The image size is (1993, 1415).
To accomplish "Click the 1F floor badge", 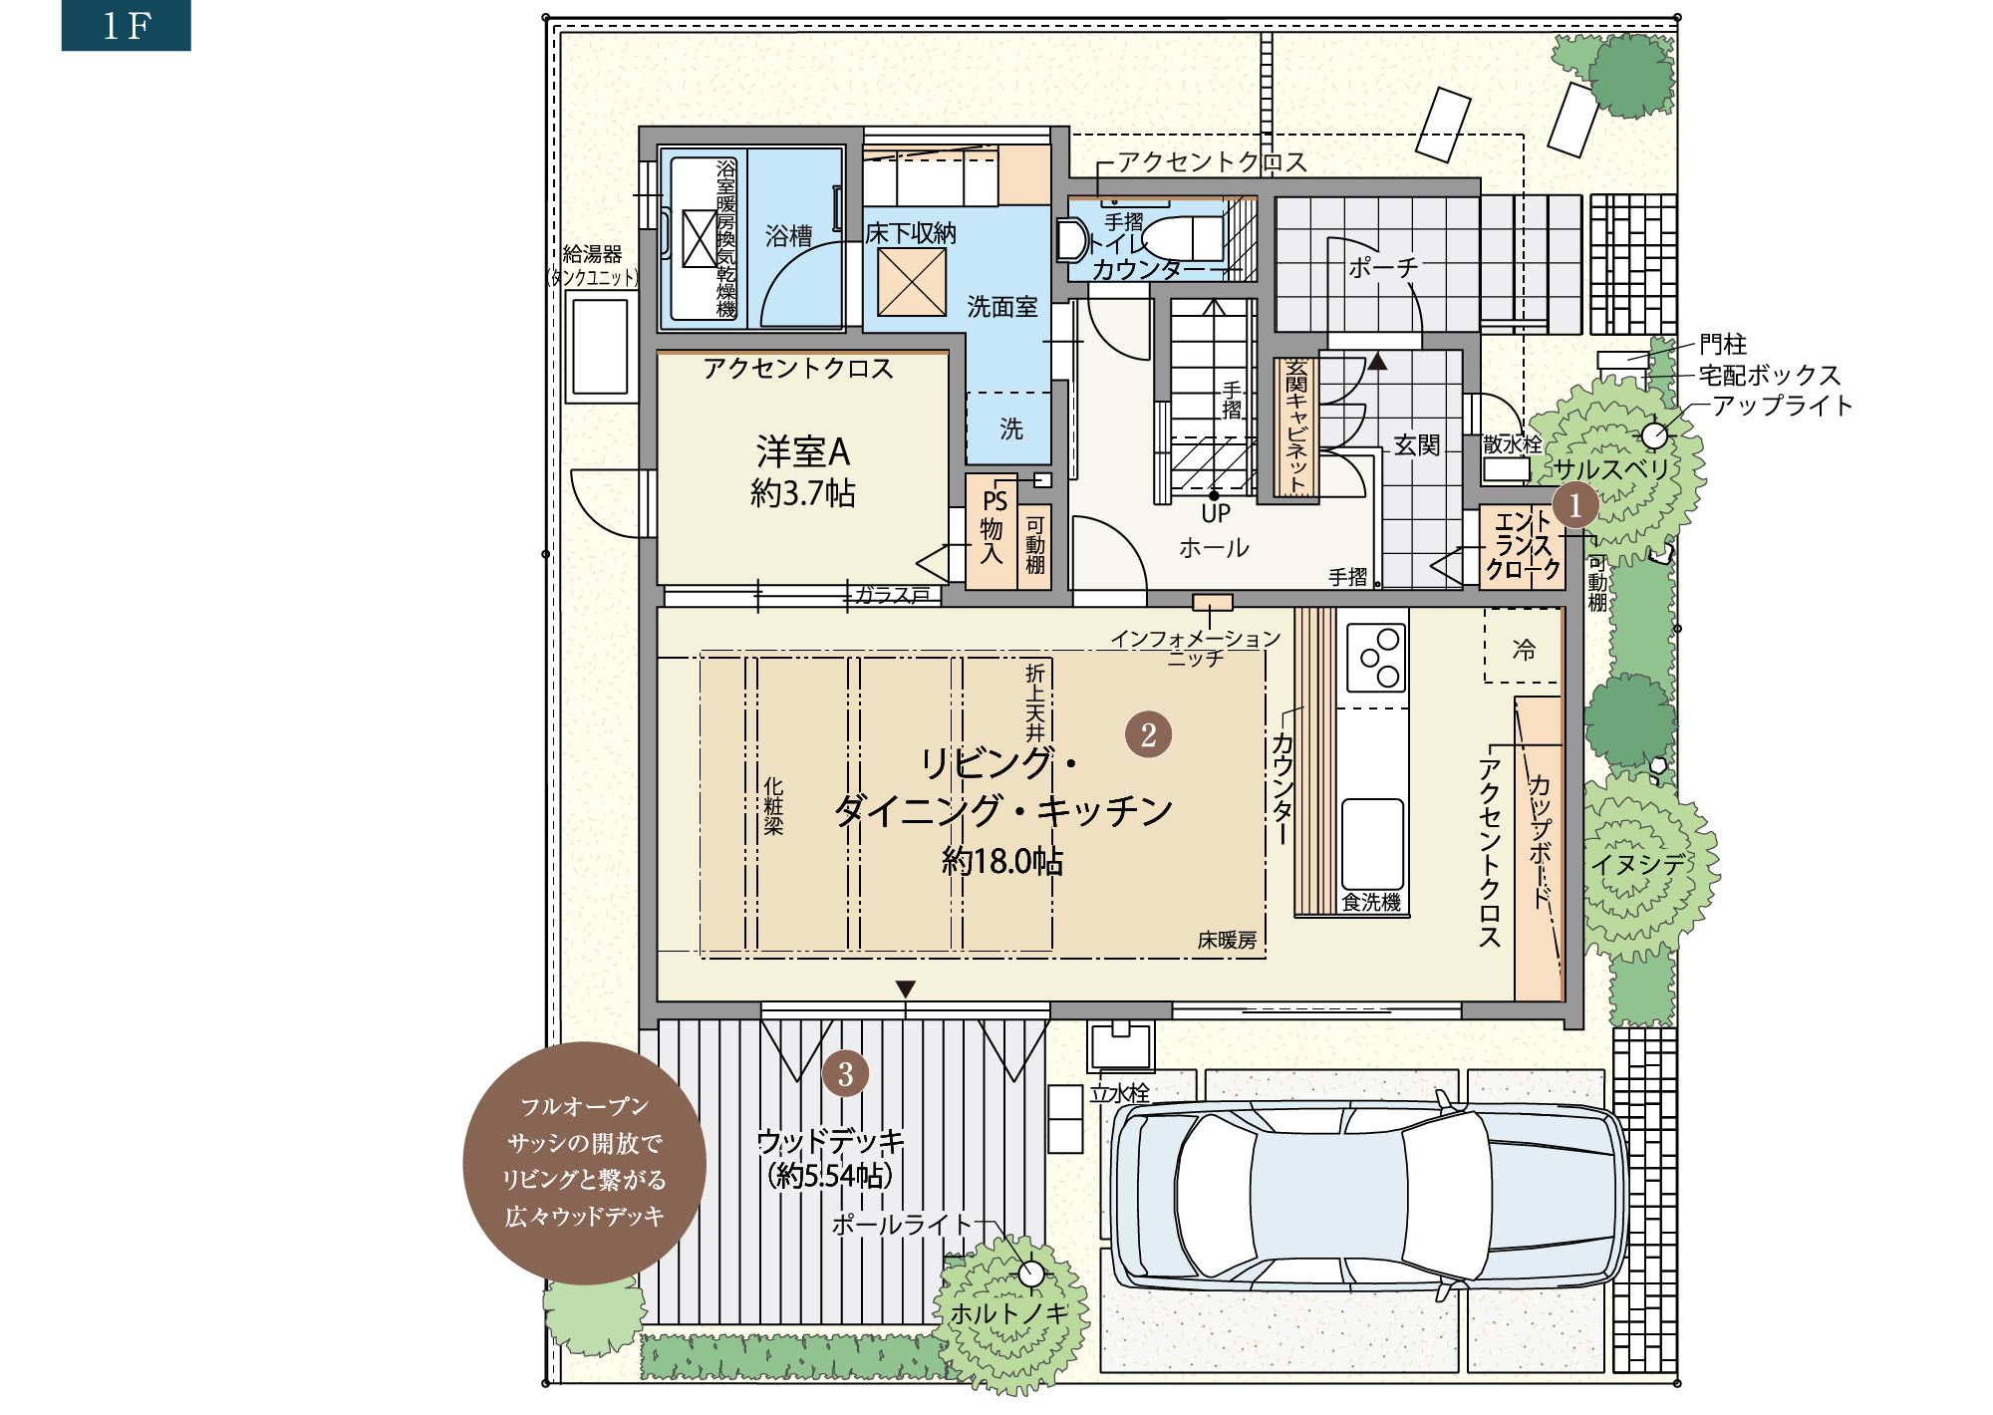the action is pyautogui.click(x=126, y=25).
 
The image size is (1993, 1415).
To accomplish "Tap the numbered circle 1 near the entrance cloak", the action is pyautogui.click(x=1575, y=505).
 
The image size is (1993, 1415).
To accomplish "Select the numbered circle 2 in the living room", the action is pyautogui.click(x=1148, y=734).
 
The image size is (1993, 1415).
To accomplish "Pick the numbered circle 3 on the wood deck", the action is pyautogui.click(x=845, y=1074).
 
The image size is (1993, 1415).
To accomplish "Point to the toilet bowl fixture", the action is pyautogui.click(x=1182, y=238).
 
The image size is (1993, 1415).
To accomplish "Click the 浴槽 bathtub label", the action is pyautogui.click(x=788, y=236).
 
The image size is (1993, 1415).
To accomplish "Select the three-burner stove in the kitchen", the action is pyautogui.click(x=1376, y=658).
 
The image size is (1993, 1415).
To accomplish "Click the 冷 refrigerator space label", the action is pyautogui.click(x=1524, y=650).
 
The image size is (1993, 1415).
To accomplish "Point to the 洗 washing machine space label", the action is pyautogui.click(x=1011, y=429).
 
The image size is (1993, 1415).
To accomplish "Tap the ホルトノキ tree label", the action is pyautogui.click(x=1008, y=1314).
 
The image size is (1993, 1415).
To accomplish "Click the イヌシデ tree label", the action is pyautogui.click(x=1638, y=864).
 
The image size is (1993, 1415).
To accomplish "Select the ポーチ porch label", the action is pyautogui.click(x=1383, y=267).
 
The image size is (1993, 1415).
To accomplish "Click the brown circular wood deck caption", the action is pyautogui.click(x=585, y=1163).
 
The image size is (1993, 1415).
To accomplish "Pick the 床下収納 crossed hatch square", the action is pyautogui.click(x=912, y=282).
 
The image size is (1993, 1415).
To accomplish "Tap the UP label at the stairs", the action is pyautogui.click(x=1216, y=513).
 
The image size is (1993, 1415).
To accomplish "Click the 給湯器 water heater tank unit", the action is pyautogui.click(x=601, y=347).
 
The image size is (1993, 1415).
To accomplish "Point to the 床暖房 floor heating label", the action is pyautogui.click(x=1227, y=940).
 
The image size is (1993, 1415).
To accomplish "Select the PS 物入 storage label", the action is pyautogui.click(x=993, y=527).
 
